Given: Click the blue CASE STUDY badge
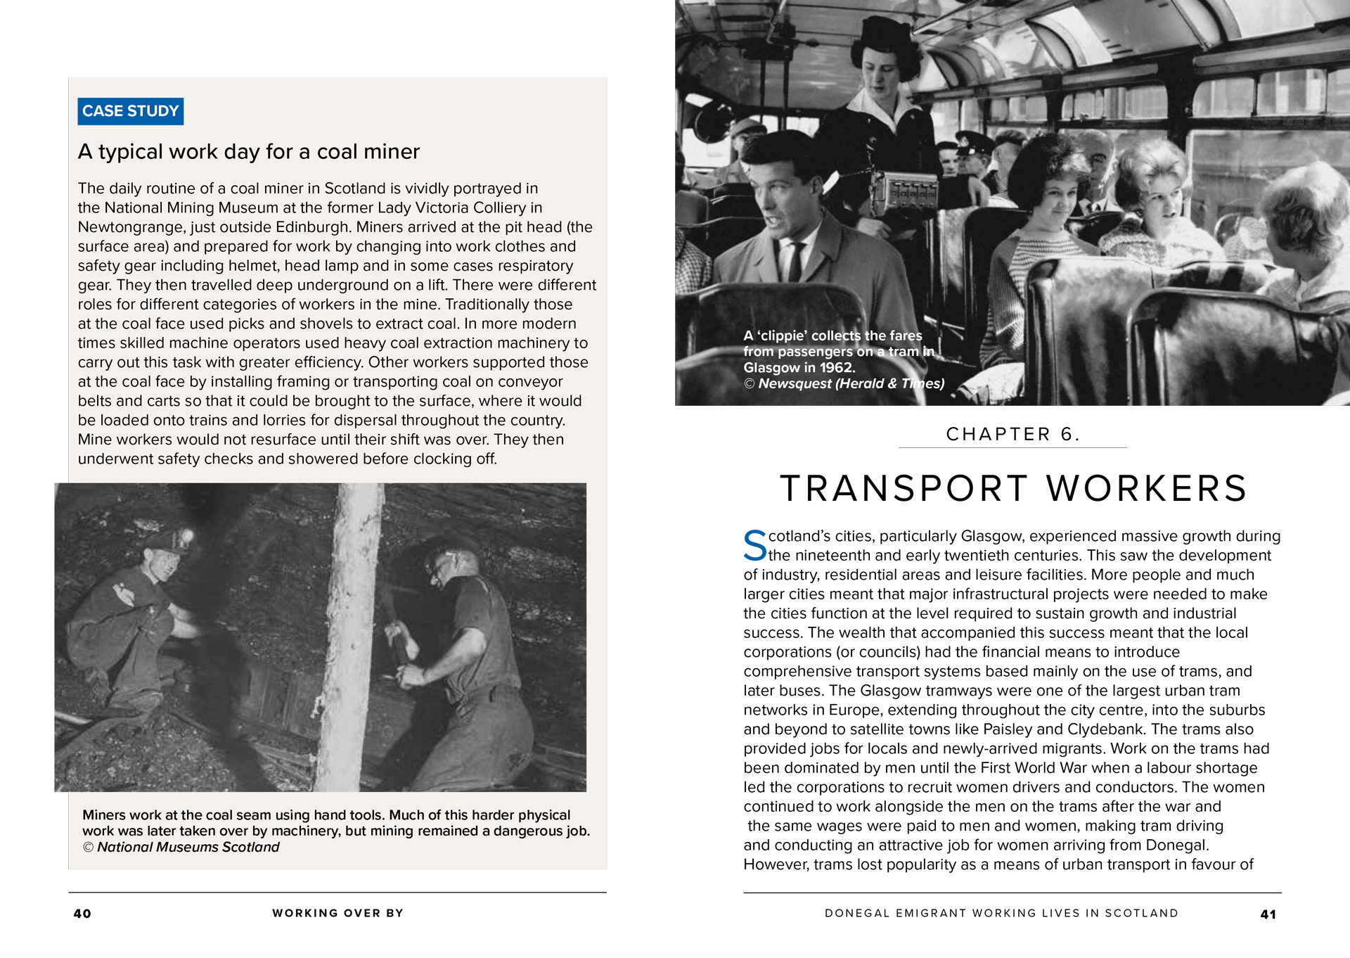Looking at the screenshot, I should point(130,111).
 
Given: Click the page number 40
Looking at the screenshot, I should point(82,914).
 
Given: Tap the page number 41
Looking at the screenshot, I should point(1268,914).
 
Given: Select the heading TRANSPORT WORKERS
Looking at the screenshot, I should point(1012,488).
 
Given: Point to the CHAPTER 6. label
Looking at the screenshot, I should point(1012,434).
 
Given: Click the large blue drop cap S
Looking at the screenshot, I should point(755,546).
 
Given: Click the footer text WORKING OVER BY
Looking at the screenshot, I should point(337,913).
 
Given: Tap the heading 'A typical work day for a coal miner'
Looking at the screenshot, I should point(248,151).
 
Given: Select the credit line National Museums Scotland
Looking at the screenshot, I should point(188,847).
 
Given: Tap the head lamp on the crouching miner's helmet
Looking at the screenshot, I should point(187,538).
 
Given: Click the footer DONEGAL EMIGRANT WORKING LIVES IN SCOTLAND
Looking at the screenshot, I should point(1001,913).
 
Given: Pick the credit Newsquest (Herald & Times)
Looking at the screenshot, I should point(851,383).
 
